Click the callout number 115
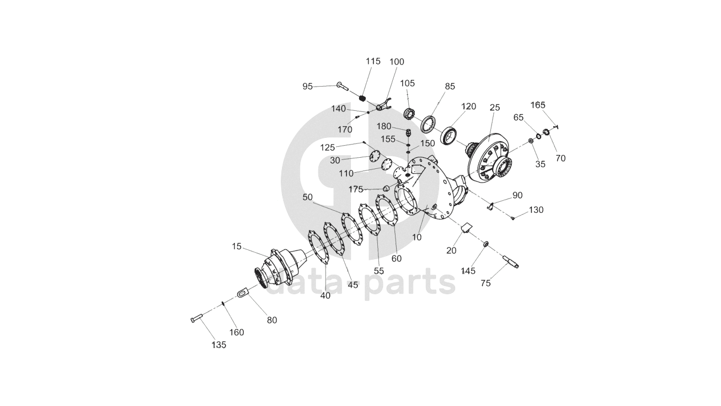373,61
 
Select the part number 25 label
495,108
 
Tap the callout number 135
218,345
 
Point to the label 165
538,105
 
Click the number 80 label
271,320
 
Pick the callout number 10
417,237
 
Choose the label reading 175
356,189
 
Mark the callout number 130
536,210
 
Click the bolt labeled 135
197,318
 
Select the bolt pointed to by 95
342,86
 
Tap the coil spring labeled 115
363,99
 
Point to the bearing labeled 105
409,114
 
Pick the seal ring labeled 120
450,136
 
